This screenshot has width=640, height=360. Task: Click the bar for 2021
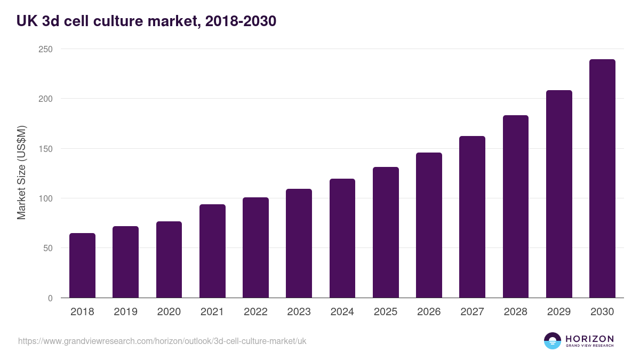[212, 251]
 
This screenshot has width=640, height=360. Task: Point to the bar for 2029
[559, 194]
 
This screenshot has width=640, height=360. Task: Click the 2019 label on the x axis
[125, 312]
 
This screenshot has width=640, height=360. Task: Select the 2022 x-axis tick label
[255, 312]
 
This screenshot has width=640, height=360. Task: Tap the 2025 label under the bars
[386, 312]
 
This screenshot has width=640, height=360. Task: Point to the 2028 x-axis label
[515, 312]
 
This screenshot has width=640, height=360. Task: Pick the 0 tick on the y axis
[50, 298]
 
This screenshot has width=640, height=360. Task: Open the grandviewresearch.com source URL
[162, 341]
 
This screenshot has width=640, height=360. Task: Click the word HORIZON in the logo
[589, 339]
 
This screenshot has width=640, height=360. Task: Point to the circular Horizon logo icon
[553, 341]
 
